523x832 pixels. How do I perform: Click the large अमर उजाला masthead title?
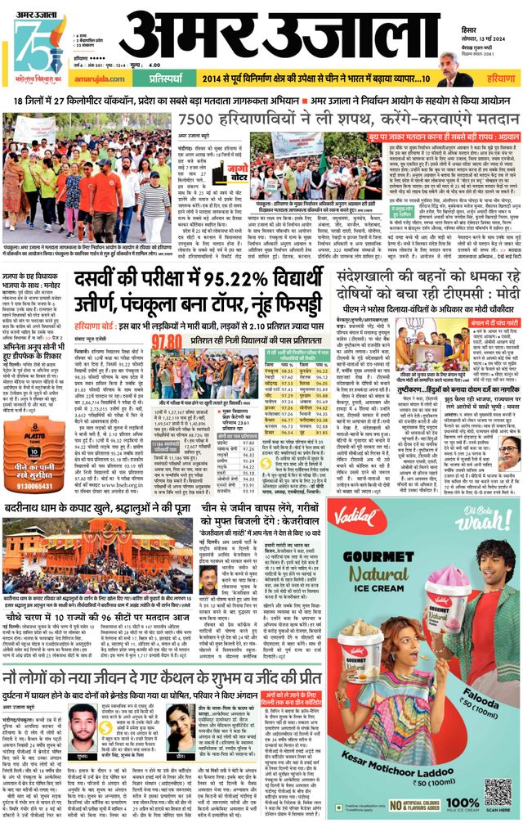(x=278, y=37)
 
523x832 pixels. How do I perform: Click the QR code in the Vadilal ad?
(x=490, y=790)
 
